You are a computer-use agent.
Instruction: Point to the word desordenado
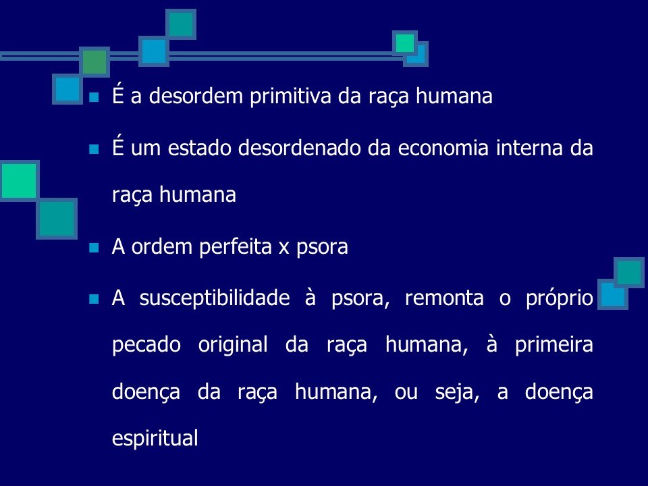[292, 148]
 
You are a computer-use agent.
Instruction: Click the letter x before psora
[284, 248]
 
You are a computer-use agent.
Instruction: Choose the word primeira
[553, 346]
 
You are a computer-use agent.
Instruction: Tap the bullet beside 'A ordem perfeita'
[94, 248]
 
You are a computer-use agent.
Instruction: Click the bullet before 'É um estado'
[94, 148]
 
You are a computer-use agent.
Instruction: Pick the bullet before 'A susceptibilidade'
[94, 298]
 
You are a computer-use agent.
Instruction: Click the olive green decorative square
[95, 61]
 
